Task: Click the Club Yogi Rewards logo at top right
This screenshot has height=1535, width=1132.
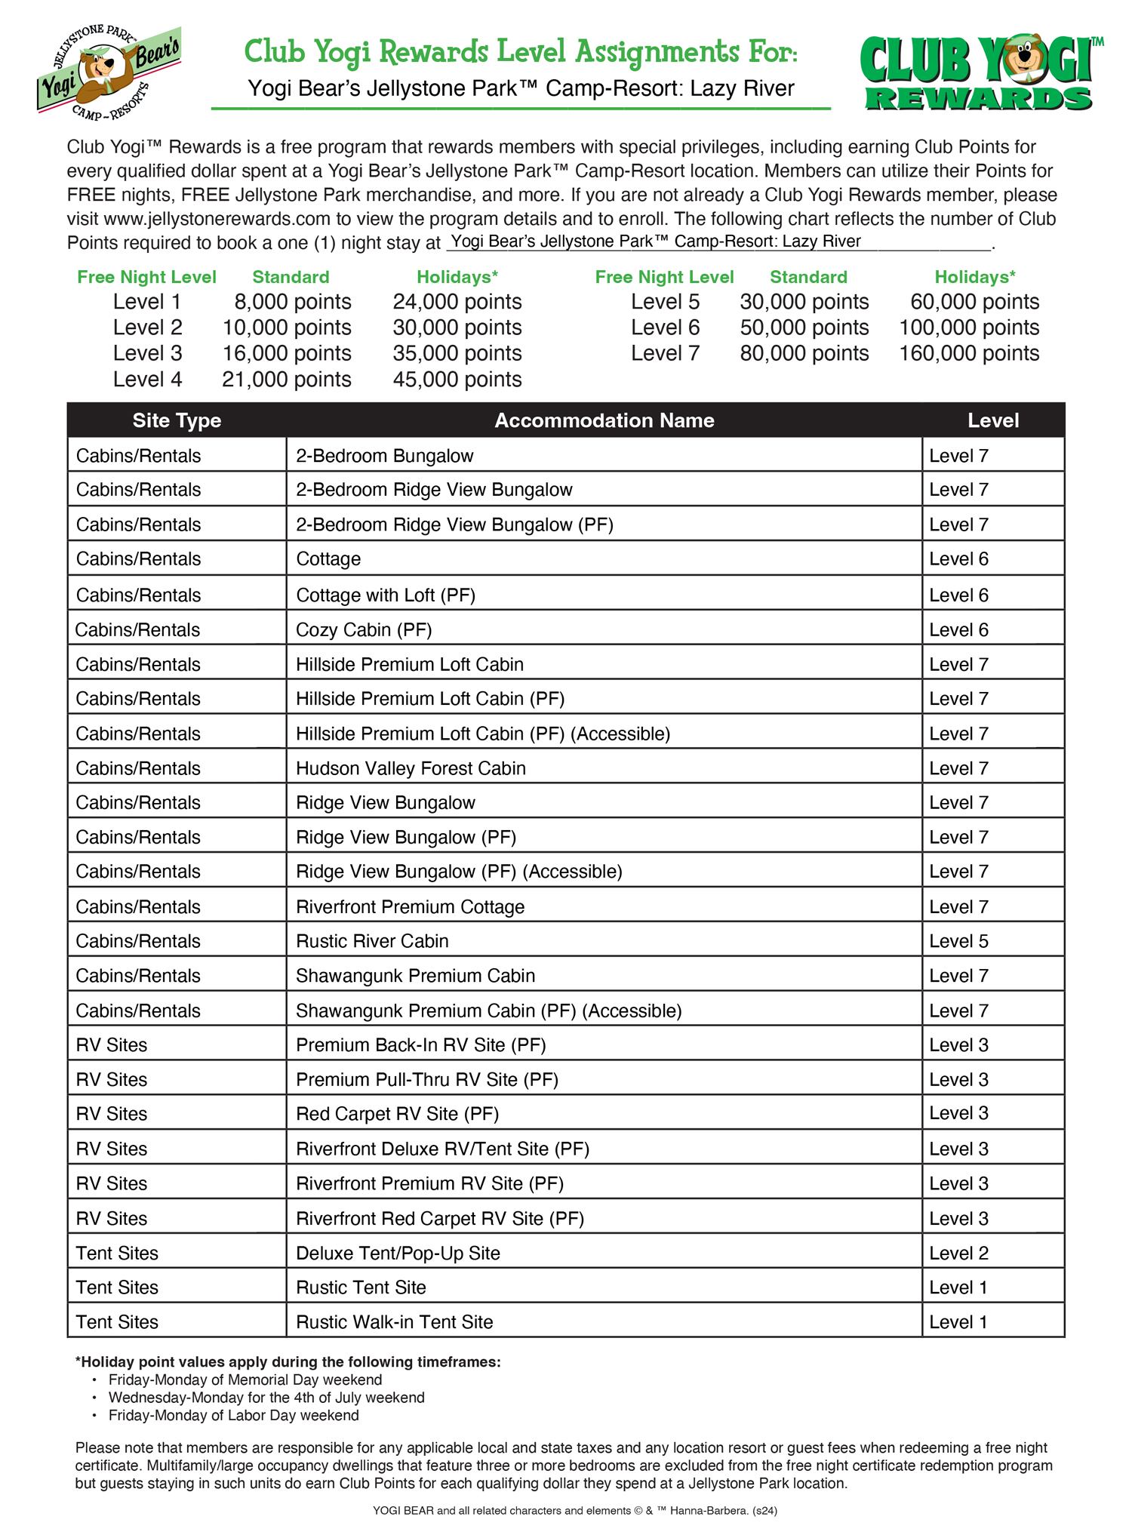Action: [x=980, y=73]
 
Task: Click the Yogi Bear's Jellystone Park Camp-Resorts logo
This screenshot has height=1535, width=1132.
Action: [x=109, y=72]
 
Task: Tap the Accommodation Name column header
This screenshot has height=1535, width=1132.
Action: [x=604, y=420]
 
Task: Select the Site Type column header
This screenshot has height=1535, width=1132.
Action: [x=177, y=420]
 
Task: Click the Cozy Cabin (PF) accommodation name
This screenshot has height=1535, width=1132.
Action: [x=364, y=629]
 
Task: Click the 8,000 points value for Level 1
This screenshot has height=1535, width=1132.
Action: [x=292, y=302]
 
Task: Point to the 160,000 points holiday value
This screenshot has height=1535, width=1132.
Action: [x=969, y=353]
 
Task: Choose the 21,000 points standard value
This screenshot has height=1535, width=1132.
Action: [x=286, y=379]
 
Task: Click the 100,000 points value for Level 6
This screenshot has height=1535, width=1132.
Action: [x=969, y=328]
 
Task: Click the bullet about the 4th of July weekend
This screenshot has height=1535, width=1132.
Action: [x=266, y=1397]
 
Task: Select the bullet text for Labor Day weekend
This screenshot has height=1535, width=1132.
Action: [x=233, y=1415]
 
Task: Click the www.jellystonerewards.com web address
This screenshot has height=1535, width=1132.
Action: [x=217, y=219]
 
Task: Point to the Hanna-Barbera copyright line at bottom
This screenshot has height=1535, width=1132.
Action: [x=574, y=1510]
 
